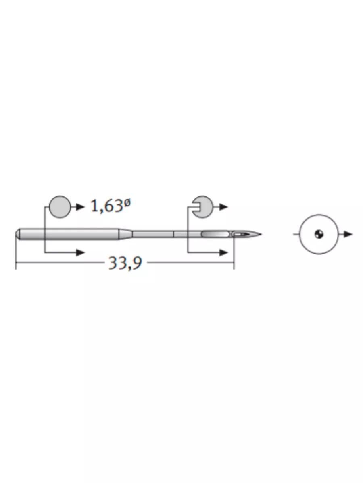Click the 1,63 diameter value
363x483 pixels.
106,206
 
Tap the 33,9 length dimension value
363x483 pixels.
125,263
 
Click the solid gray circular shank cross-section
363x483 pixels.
60,206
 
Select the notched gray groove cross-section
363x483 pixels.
204,206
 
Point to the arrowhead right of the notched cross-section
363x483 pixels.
224,206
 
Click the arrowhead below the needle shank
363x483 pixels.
80,252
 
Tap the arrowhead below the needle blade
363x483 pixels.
224,252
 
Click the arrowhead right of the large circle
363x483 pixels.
348,234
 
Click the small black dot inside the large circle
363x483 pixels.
319,234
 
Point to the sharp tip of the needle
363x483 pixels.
261,234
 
